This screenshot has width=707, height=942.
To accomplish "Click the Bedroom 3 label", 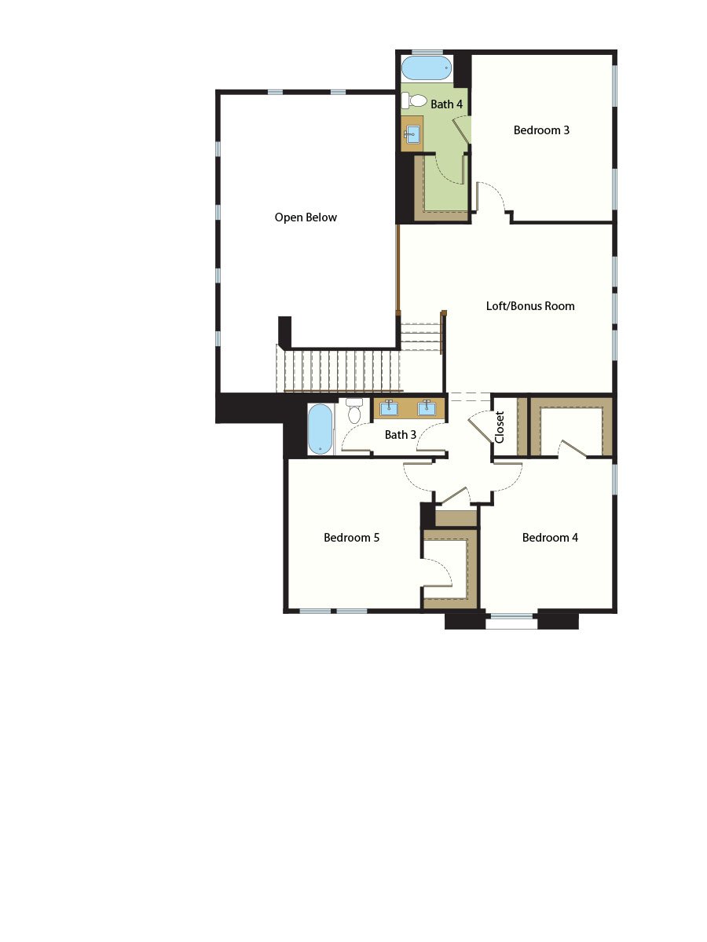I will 541,130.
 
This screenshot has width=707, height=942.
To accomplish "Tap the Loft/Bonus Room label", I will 530,306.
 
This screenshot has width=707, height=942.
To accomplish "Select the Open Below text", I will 306,217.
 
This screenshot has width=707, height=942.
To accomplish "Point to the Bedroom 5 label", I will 352,538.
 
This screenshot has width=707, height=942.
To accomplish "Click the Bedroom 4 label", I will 550,538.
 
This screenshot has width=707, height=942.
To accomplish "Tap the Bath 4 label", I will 446,104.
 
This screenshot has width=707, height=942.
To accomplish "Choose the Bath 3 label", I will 401,434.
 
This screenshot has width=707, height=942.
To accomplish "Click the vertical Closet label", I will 500,427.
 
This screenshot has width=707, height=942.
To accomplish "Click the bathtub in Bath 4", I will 427,68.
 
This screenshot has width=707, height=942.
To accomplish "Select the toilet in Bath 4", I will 415,100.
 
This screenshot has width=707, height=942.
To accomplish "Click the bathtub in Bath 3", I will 320,429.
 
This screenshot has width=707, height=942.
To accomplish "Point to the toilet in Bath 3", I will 354,411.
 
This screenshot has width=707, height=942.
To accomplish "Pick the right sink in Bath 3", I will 427,407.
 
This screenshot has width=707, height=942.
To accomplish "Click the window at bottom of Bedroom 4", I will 511,622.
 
